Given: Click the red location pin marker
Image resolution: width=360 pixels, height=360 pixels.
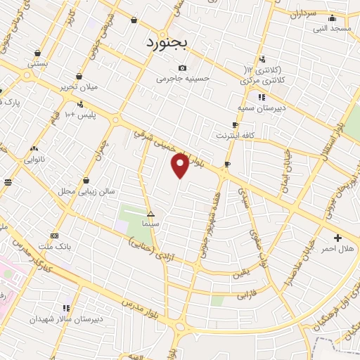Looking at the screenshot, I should (x=181, y=166).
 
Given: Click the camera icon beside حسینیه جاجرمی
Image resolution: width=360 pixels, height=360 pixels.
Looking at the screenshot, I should (x=182, y=67).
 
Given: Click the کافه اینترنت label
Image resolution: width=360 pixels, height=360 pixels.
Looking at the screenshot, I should (x=235, y=135).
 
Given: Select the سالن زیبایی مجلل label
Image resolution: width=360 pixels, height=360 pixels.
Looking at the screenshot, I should (x=86, y=191).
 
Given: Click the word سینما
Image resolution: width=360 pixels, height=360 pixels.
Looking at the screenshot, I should (x=150, y=223).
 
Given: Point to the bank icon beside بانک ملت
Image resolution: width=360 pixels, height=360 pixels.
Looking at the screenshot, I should (x=55, y=236).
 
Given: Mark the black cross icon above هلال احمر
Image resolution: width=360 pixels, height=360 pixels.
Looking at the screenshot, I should (x=338, y=237).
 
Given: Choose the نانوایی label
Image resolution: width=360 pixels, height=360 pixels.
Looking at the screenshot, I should (x=34, y=160).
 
